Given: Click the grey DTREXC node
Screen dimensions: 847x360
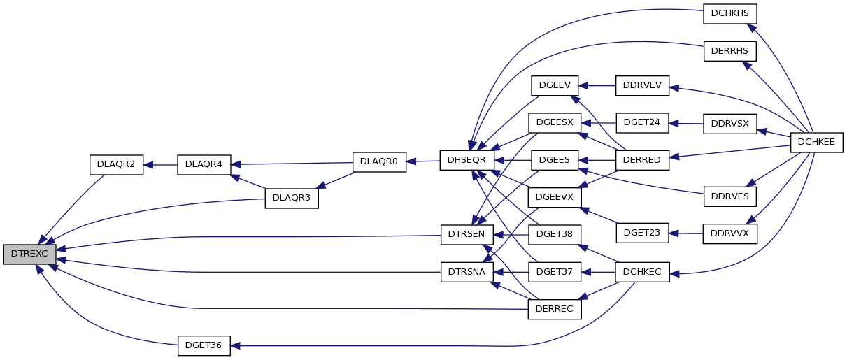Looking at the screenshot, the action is click(29, 254).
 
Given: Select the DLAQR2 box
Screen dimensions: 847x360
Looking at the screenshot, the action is click(117, 165).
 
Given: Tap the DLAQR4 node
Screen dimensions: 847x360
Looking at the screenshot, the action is click(204, 165).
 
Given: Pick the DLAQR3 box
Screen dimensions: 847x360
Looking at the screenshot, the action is click(292, 198).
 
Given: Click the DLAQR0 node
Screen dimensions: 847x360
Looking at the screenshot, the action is click(379, 162).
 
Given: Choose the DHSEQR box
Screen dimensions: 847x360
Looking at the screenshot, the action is click(467, 160).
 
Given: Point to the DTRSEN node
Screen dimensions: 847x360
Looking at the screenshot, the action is click(467, 235).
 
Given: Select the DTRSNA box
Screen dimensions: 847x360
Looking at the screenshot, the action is click(467, 272).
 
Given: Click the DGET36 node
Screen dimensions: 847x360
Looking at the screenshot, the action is click(204, 345).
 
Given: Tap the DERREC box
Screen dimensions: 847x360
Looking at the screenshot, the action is click(555, 310).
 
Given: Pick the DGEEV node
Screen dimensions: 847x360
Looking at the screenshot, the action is click(555, 86).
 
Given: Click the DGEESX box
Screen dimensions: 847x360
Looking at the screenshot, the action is click(555, 123).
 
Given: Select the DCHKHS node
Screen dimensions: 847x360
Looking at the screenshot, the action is click(729, 14).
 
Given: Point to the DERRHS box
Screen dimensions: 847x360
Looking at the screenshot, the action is click(729, 51).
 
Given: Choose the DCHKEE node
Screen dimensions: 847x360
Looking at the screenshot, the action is click(817, 143).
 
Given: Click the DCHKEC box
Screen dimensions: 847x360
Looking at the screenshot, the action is click(642, 272).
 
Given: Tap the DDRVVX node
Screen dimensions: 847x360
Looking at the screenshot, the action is click(729, 234).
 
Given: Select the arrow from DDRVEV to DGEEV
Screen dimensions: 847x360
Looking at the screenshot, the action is click(597, 86).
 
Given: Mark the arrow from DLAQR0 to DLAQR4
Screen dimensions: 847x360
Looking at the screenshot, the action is click(292, 164).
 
